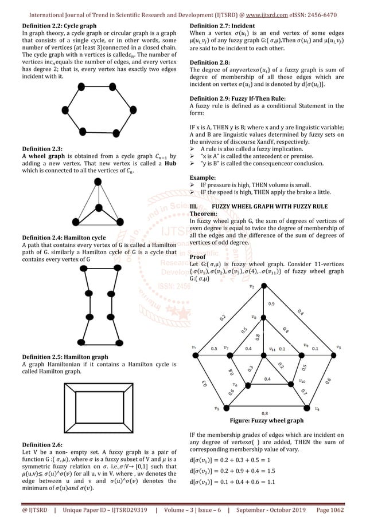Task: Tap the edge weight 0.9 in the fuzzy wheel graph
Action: [x=271, y=303]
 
